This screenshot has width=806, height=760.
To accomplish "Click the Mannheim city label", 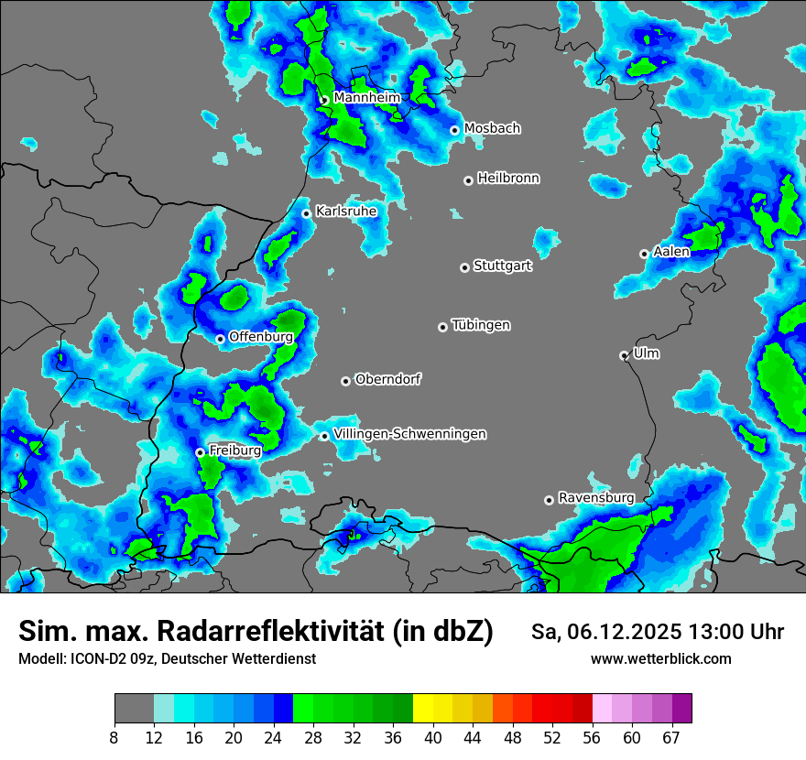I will [366, 97].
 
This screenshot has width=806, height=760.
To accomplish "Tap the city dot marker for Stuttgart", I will [464, 267].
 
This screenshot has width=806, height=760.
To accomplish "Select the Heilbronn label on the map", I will [508, 179].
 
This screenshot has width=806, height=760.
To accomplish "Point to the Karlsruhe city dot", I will [306, 213].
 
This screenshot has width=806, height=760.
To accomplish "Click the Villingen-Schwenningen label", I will [409, 433].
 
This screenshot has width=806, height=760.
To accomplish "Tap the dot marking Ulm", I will [624, 355].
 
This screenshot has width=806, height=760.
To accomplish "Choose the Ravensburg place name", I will [596, 497].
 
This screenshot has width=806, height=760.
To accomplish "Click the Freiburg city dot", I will [200, 452].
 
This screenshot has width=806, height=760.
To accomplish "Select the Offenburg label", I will [260, 337].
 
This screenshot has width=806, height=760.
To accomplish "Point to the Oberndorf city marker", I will [345, 381].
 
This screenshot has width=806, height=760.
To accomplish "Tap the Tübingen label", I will [481, 325].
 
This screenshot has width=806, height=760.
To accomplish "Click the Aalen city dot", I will [644, 254].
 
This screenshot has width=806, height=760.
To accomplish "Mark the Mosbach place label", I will [492, 128].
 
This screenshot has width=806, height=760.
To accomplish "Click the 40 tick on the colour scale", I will [433, 738].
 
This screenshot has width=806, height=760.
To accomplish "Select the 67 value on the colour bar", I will [671, 738].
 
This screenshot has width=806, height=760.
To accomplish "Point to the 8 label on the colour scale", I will [114, 738].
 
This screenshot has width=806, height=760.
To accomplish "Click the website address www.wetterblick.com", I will [660, 659].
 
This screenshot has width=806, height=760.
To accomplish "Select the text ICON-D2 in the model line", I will [93, 659].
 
